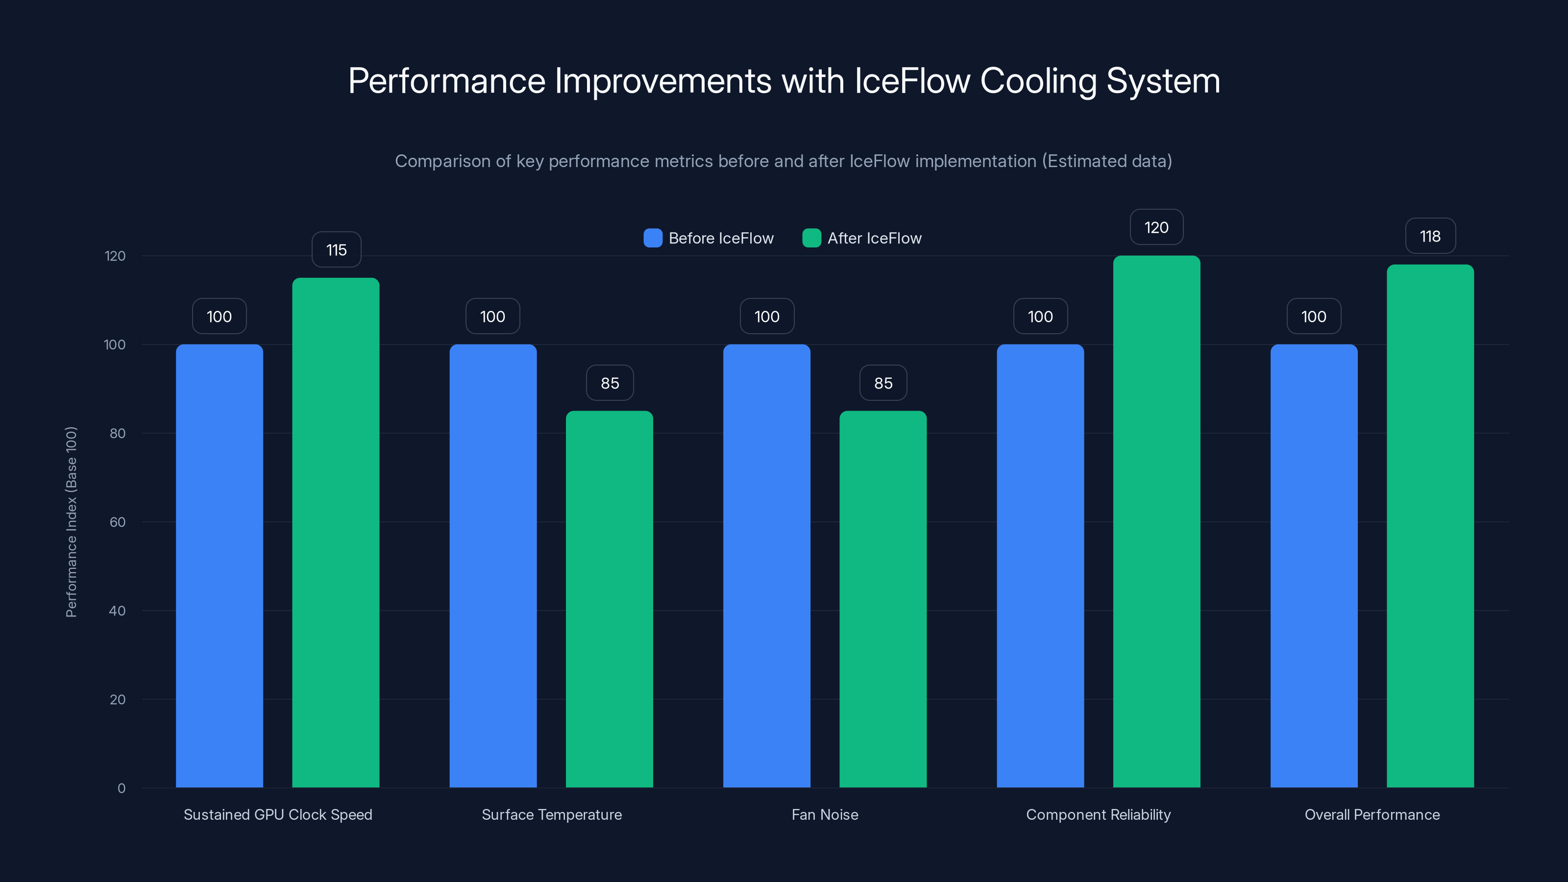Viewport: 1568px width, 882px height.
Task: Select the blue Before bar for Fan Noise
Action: coord(766,566)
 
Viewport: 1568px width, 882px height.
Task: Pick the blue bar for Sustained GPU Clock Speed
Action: coord(219,566)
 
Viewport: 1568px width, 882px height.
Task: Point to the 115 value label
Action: coord(336,249)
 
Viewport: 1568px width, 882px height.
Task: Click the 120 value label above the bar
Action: coord(1156,227)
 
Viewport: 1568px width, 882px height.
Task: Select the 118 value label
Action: coord(1430,236)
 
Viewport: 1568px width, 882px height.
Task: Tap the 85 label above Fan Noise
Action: coord(882,383)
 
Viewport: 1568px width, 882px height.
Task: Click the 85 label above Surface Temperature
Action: coord(609,383)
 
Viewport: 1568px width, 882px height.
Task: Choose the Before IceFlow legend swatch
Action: coord(653,238)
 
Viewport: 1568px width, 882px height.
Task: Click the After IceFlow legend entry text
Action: coord(874,238)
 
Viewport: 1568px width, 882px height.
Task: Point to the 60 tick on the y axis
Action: coord(118,522)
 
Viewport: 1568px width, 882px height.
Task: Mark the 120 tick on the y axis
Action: coord(115,256)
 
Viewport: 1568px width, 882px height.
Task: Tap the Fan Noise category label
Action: coord(825,814)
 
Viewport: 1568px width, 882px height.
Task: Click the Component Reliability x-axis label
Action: coord(1098,814)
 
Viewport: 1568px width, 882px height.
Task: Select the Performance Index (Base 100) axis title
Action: coord(71,522)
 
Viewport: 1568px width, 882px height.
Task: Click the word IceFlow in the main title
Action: coord(912,81)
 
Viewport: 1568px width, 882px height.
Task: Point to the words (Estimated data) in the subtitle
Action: coord(1106,161)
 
